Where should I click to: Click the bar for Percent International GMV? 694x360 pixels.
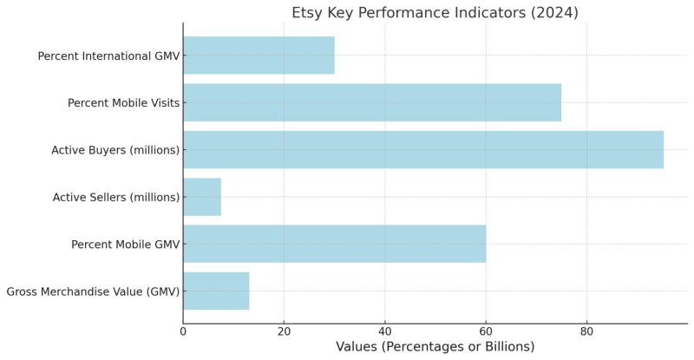(x=259, y=56)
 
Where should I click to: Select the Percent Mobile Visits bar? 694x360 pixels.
(x=372, y=102)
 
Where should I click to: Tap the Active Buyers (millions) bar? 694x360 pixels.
(x=422, y=150)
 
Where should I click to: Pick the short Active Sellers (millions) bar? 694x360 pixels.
(x=202, y=197)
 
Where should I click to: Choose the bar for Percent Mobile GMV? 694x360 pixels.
(x=334, y=244)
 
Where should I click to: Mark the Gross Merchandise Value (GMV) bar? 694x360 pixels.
(x=216, y=291)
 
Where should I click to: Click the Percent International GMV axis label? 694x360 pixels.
(x=108, y=56)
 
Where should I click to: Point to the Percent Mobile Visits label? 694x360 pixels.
(x=123, y=103)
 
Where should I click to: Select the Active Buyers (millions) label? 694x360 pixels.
(x=115, y=150)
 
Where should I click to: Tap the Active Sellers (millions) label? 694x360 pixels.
(x=116, y=198)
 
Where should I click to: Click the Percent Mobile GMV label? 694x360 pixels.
(x=125, y=245)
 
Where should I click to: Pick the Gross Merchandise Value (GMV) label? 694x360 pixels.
(x=93, y=291)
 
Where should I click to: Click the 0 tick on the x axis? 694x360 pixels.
(x=183, y=331)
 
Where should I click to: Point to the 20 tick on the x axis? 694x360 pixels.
(x=284, y=331)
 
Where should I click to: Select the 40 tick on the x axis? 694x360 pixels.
(x=385, y=331)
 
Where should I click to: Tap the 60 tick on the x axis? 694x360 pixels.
(x=486, y=331)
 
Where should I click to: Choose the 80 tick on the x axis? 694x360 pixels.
(x=586, y=331)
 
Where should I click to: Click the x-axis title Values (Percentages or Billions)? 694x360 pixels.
(x=435, y=347)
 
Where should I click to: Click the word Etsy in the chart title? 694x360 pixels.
(x=307, y=13)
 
